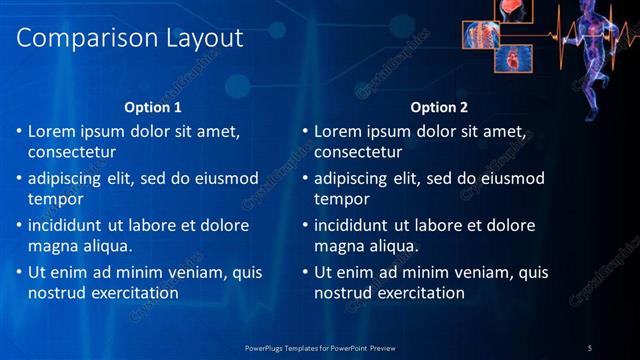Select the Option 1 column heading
pos(153,107)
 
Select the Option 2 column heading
pos(439,107)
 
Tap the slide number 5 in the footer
pos(590,347)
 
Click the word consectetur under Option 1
pos(72,153)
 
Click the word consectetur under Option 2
pos(358,153)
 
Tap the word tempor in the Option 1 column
pos(52,199)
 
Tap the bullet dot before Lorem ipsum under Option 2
pos(304,132)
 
